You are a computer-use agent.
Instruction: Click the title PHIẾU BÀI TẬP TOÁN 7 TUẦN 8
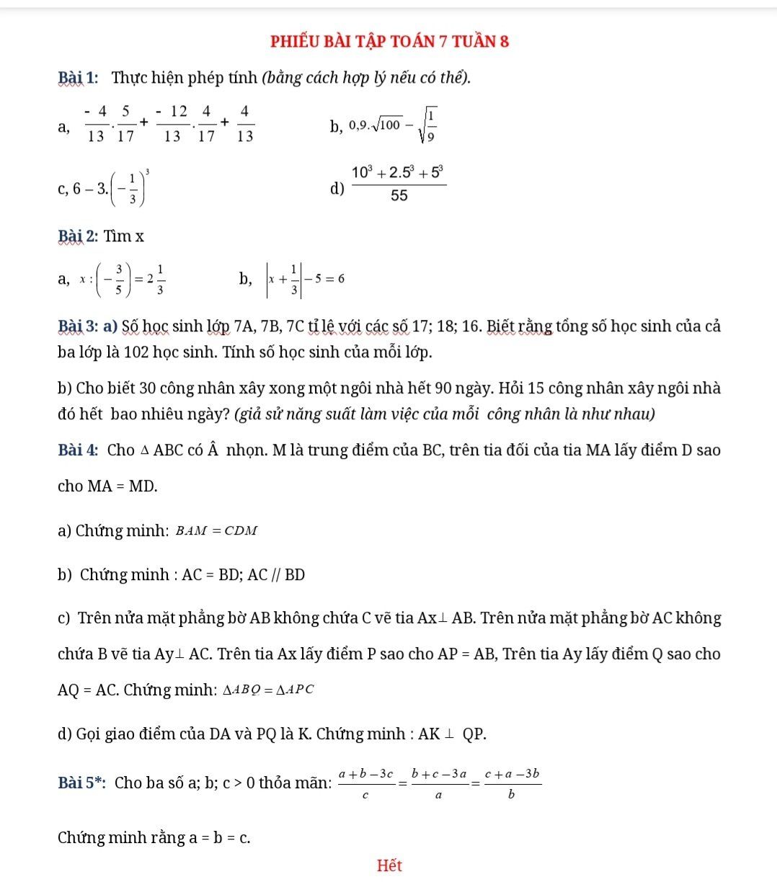[389, 41]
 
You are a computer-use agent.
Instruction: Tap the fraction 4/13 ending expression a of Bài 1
[244, 123]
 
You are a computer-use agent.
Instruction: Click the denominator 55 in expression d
[399, 195]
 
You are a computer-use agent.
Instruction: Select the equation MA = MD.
[122, 486]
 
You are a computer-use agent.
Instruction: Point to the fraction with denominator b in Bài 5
[512, 783]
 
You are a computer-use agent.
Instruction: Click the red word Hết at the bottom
[389, 865]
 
